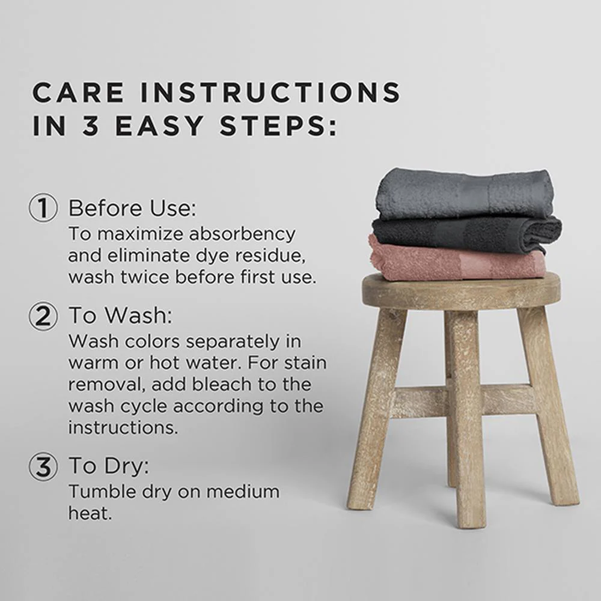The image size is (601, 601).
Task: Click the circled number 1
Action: (x=43, y=207)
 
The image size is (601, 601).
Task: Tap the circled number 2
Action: (x=43, y=316)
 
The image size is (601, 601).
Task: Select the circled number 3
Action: (x=43, y=466)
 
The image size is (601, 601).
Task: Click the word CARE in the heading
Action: (x=79, y=93)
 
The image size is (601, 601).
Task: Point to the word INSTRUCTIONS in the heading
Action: (x=270, y=93)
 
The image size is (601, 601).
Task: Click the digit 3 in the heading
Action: (x=91, y=126)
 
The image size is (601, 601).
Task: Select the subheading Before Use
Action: (x=132, y=208)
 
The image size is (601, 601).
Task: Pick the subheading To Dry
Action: (x=108, y=466)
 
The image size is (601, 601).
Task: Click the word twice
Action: (x=145, y=276)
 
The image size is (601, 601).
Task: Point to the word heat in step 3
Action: (x=90, y=513)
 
